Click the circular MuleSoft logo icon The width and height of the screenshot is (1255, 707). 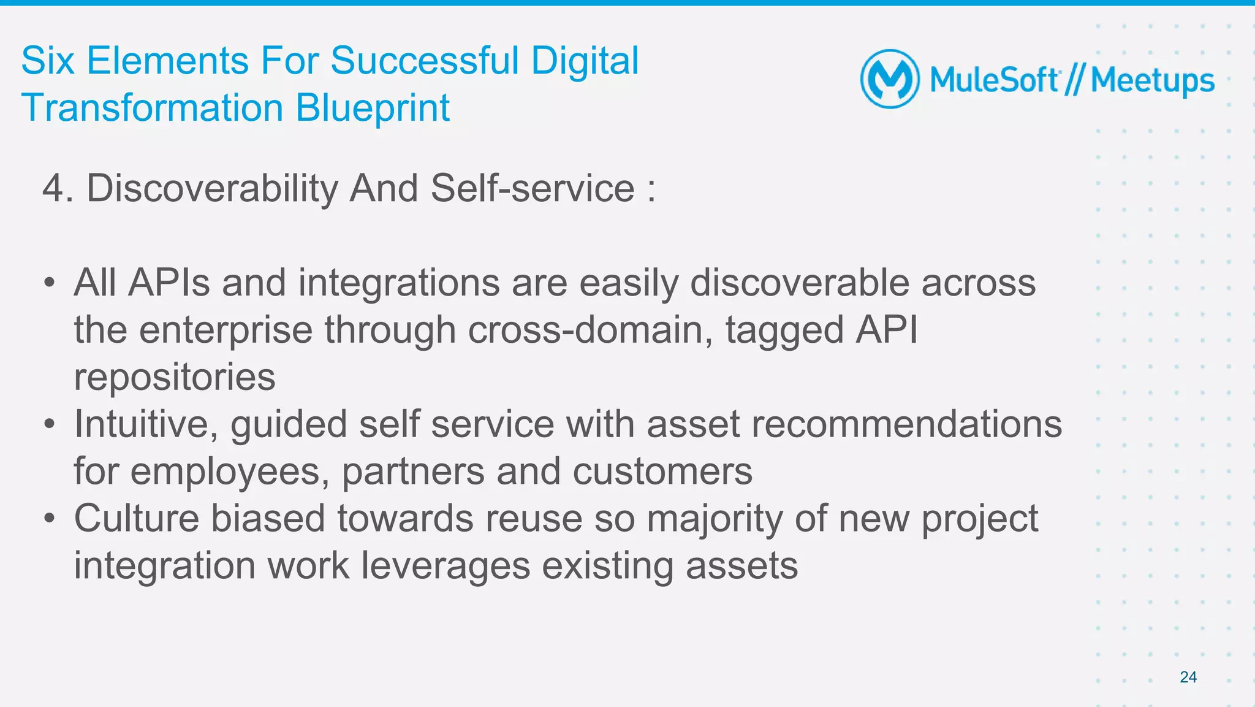click(x=890, y=79)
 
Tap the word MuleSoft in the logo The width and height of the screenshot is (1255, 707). click(x=994, y=80)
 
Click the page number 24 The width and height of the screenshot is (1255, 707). click(x=1188, y=677)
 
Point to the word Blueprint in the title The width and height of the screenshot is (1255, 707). click(x=373, y=109)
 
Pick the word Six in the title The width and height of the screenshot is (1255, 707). click(x=48, y=61)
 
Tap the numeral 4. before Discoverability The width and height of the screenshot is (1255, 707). click(x=58, y=188)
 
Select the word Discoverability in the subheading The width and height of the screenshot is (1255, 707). click(x=212, y=188)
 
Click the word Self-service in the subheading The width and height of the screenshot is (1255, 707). click(x=533, y=188)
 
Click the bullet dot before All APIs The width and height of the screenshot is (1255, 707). click(x=50, y=284)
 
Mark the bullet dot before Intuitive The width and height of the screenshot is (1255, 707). click(x=50, y=424)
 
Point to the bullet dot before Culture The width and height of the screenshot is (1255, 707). click(x=50, y=519)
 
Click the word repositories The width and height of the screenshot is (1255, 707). click(x=175, y=377)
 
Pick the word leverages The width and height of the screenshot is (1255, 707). click(x=446, y=565)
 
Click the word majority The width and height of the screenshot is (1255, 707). click(x=715, y=519)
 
